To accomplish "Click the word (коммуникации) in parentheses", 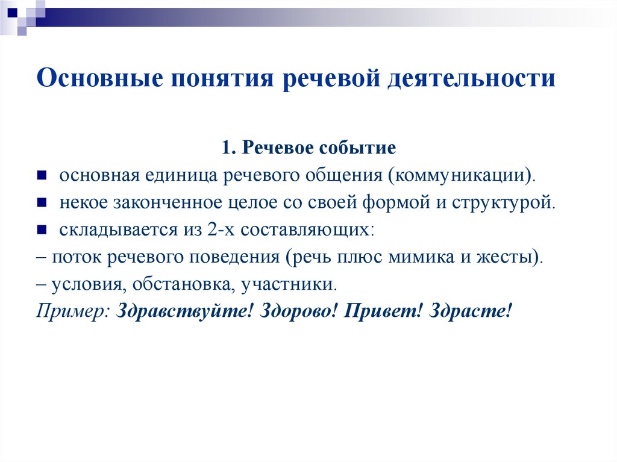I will click(461, 175).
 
